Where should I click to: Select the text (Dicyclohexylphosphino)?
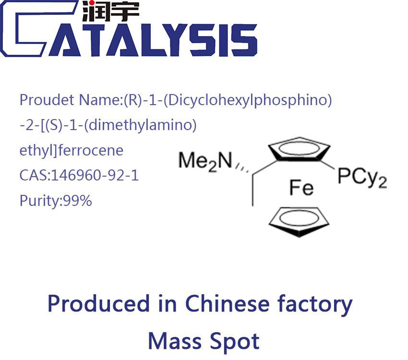pyautogui.click(x=228, y=100)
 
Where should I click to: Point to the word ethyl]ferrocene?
pyautogui.click(x=72, y=151)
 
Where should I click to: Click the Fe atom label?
pyautogui.click(x=301, y=188)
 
